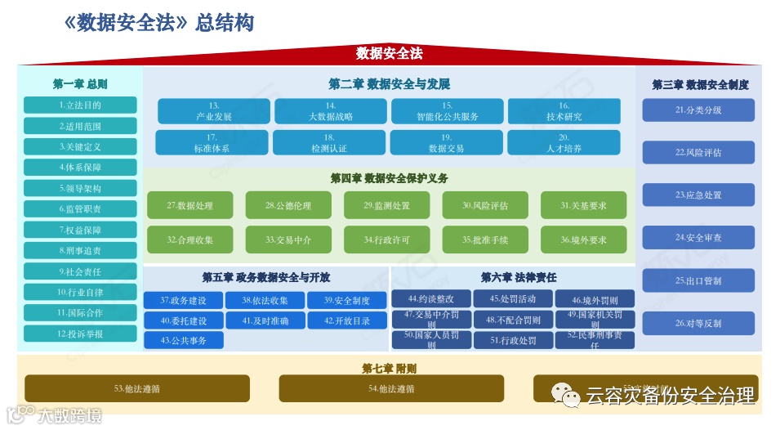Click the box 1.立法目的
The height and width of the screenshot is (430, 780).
80,105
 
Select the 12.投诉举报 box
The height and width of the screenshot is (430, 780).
80,334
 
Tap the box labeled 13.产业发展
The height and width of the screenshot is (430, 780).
214,111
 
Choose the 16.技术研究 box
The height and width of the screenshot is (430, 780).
564,111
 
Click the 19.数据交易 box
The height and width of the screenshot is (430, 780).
446,143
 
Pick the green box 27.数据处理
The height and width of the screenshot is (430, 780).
190,206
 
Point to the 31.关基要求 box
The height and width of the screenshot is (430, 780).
583,206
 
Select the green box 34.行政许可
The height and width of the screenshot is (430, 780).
387,240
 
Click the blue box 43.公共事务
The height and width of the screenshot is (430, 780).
184,340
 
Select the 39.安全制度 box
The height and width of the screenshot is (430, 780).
347,300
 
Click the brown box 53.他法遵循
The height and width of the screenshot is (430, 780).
137,388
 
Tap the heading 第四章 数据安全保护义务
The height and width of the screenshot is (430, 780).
389,178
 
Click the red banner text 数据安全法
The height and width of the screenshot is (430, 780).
390,54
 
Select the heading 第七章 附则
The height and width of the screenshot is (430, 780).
390,368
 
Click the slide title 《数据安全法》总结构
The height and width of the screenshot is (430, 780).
158,23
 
